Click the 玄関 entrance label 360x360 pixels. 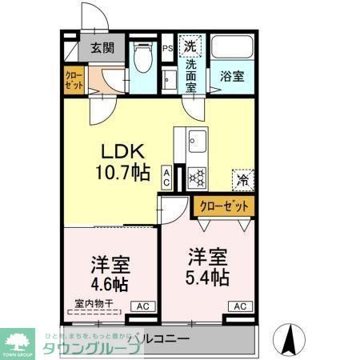tap(102, 47)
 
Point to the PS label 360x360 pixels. tap(168, 47)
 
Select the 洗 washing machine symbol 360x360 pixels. tap(191, 46)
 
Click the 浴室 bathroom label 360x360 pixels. tap(231, 77)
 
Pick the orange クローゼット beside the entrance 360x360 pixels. tap(73, 80)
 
